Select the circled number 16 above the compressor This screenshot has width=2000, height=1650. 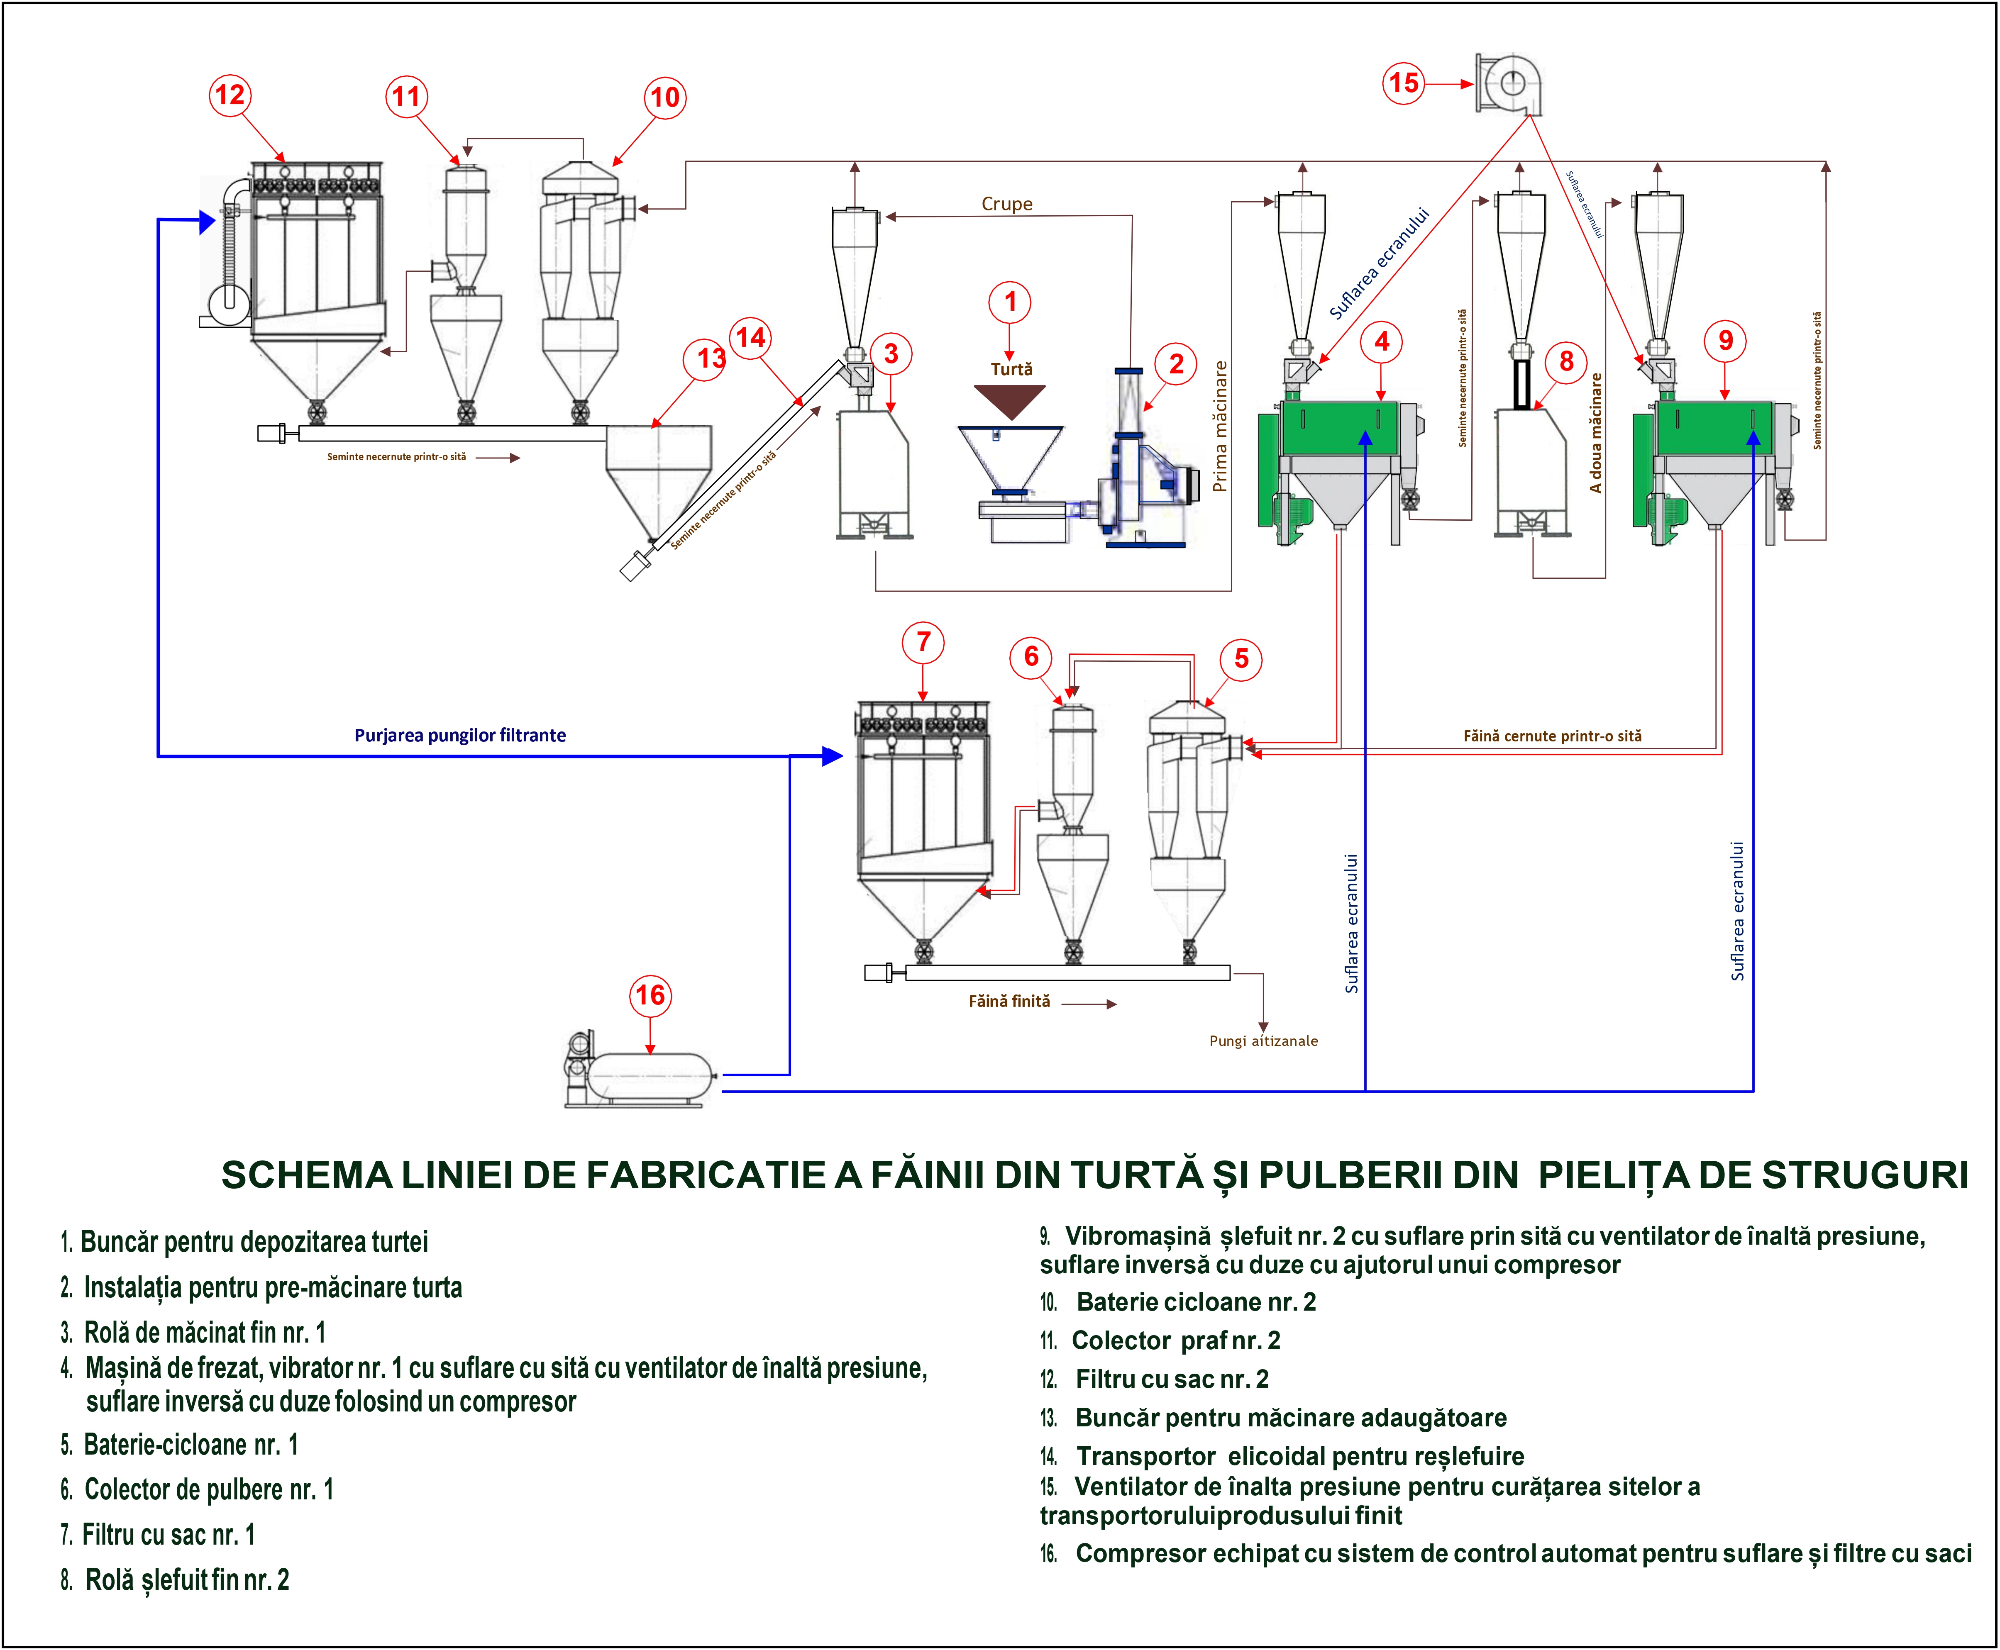[650, 995]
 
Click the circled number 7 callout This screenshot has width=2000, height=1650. [923, 643]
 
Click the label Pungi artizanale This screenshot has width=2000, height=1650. [1263, 1041]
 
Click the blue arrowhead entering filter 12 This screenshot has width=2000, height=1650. [207, 222]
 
